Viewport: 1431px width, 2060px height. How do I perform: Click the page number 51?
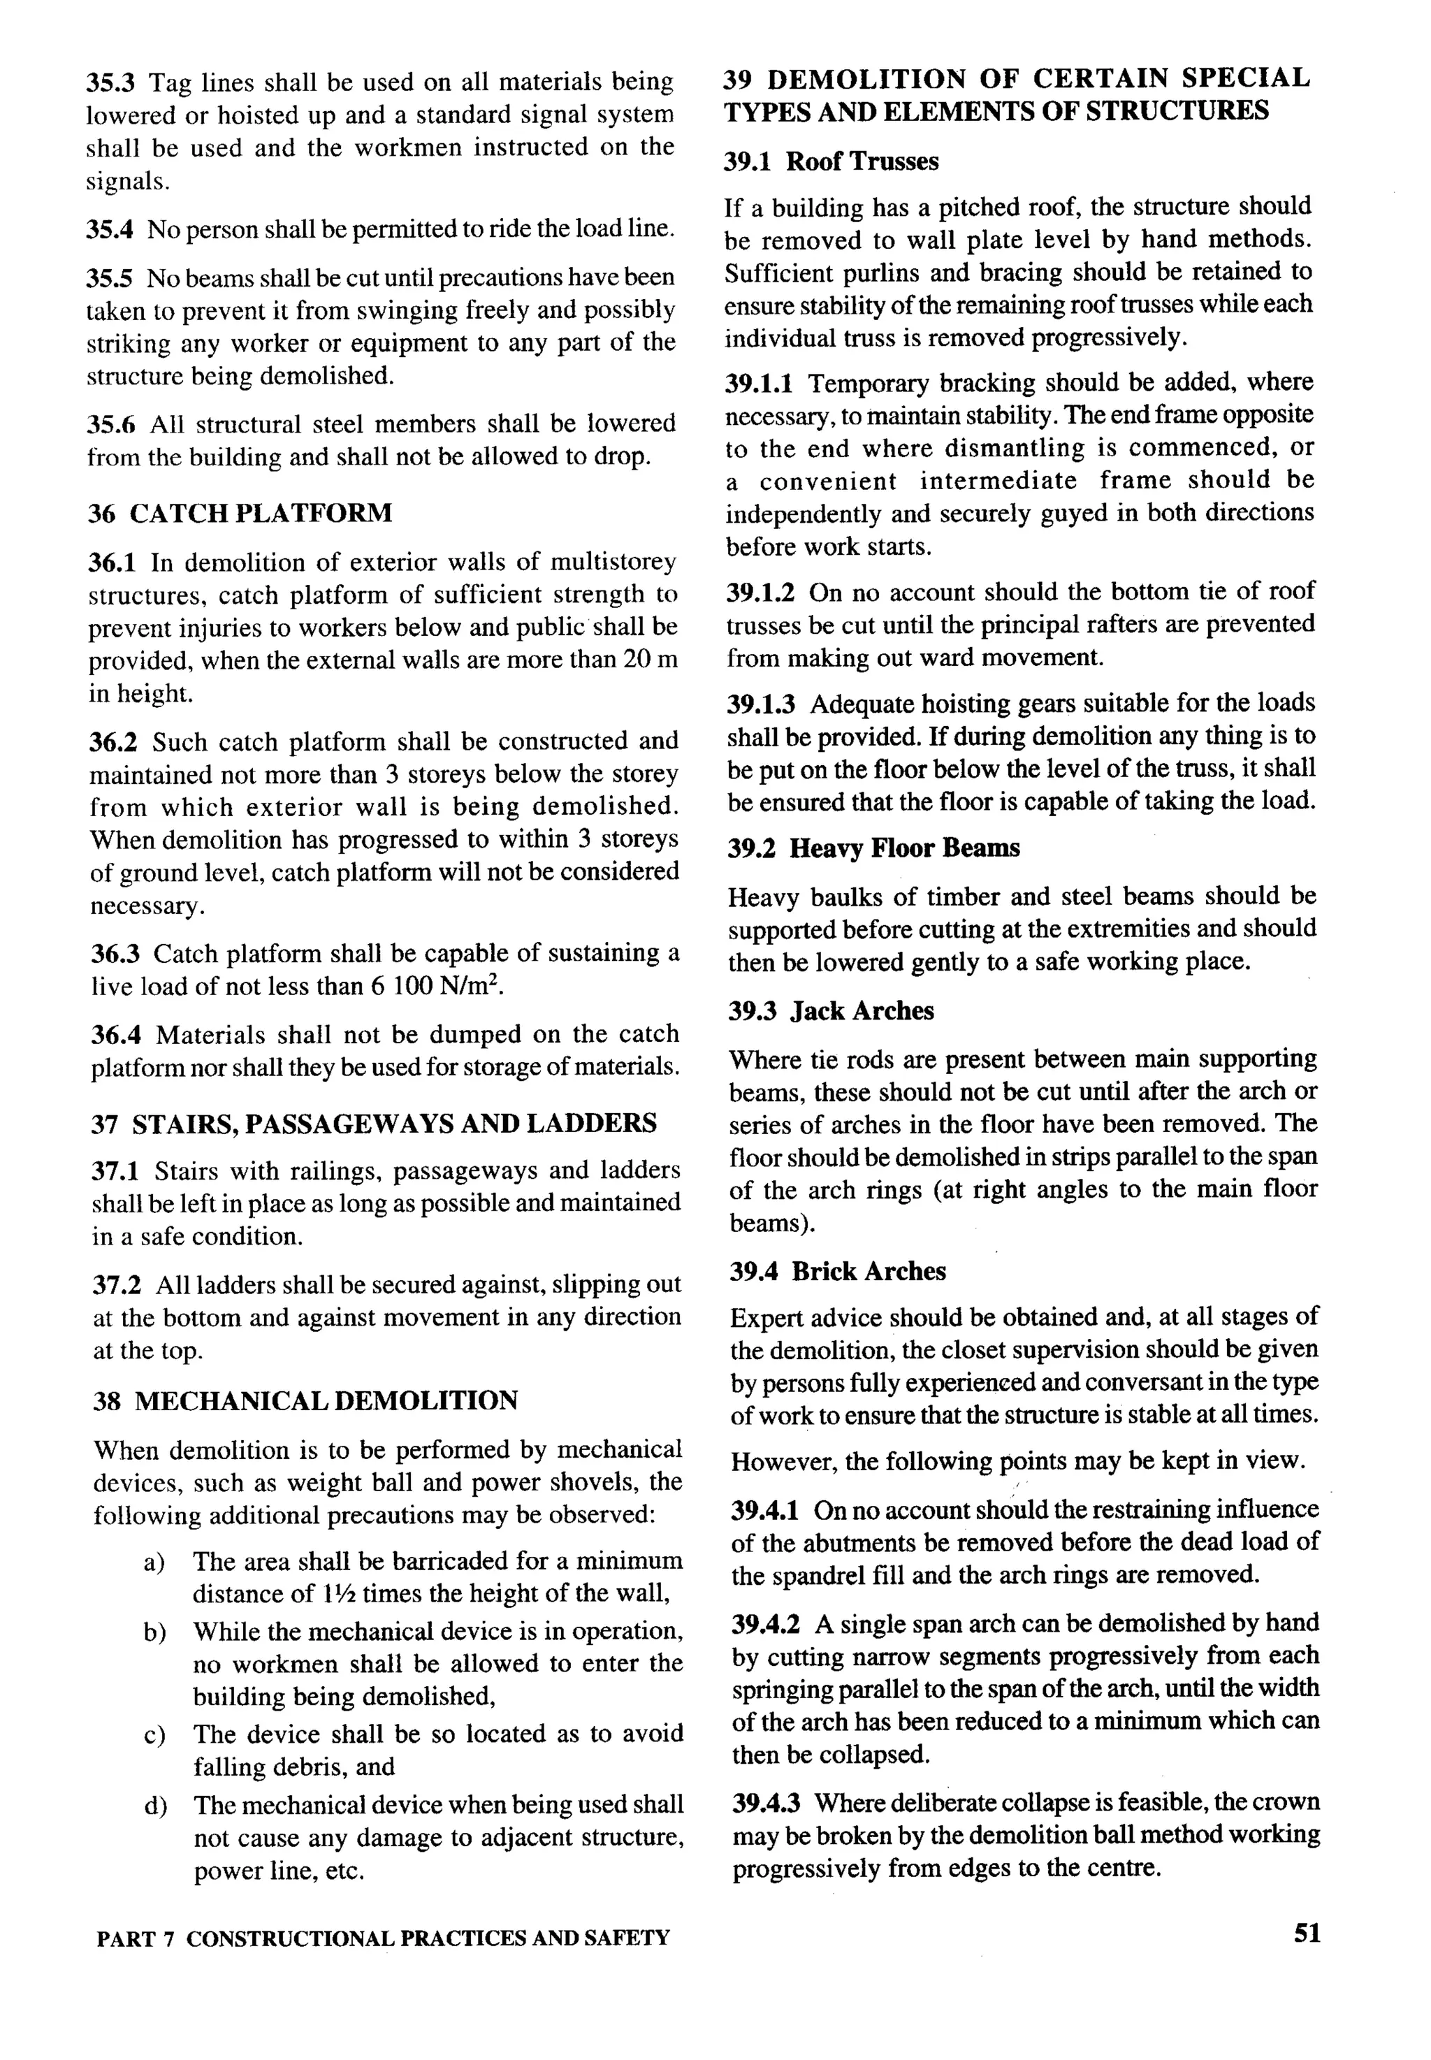1307,1934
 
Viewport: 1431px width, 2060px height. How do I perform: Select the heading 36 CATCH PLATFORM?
240,513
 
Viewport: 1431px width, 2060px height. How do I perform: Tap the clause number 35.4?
110,229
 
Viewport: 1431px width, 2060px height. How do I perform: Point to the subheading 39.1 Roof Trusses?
831,161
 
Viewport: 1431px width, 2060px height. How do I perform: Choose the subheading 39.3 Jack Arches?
830,1011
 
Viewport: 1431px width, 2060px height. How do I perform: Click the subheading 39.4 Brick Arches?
838,1271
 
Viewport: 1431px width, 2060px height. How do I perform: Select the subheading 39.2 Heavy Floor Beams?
873,848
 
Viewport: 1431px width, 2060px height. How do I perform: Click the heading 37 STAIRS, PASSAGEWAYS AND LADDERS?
374,1124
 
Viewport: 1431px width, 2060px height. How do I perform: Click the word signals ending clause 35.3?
126,181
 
